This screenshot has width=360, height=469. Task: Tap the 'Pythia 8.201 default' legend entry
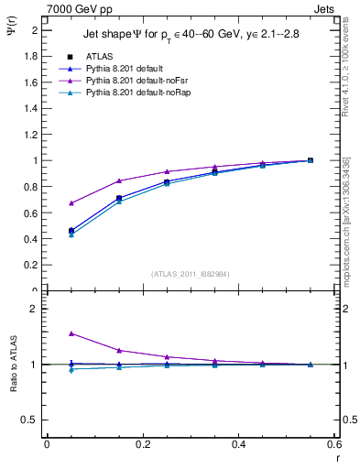[126, 69]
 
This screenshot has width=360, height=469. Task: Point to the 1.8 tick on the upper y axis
[31, 56]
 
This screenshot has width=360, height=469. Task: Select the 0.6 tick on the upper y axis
[31, 213]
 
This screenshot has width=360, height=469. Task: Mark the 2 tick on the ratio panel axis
[34, 309]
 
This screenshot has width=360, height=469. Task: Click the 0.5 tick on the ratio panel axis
[31, 420]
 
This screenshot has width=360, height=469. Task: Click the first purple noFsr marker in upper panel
[71, 202]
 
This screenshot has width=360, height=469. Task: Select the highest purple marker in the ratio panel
[71, 333]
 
